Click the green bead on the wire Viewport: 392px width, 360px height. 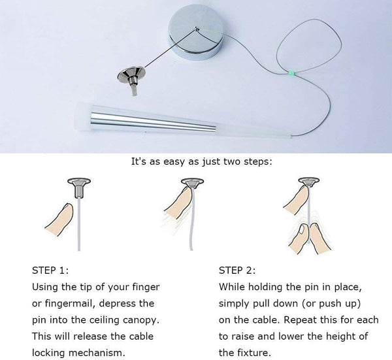point(291,73)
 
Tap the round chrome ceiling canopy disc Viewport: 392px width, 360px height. point(195,35)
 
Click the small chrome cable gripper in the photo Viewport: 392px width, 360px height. point(132,80)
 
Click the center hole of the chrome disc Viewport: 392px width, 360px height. point(197,29)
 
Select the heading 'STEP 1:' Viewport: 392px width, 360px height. point(50,270)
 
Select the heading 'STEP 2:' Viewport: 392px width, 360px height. point(237,270)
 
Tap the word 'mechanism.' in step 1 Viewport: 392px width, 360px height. point(97,353)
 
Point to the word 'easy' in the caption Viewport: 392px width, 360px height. point(174,162)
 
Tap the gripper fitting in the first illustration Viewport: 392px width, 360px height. point(79,188)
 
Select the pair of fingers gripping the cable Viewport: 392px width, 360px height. point(310,238)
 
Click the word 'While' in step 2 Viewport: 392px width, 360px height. point(231,287)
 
